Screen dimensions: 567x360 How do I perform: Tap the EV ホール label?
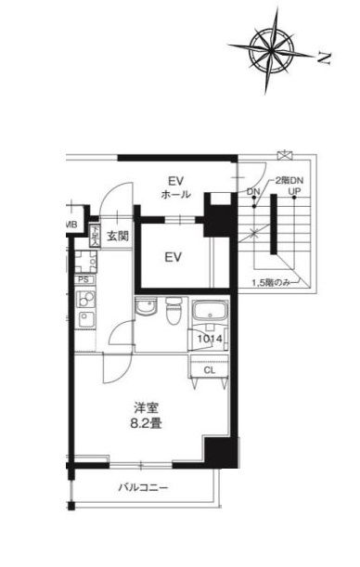(x=176, y=187)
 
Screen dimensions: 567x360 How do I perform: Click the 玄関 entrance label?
(x=117, y=237)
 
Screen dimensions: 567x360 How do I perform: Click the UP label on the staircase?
(x=294, y=192)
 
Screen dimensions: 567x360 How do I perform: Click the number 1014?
(x=209, y=340)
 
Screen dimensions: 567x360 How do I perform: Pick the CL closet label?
(x=210, y=369)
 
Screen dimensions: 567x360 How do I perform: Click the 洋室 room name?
(x=146, y=406)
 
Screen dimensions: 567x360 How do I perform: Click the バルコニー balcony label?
(x=141, y=486)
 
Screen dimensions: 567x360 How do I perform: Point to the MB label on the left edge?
(x=70, y=226)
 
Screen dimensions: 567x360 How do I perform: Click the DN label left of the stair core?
(x=253, y=192)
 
